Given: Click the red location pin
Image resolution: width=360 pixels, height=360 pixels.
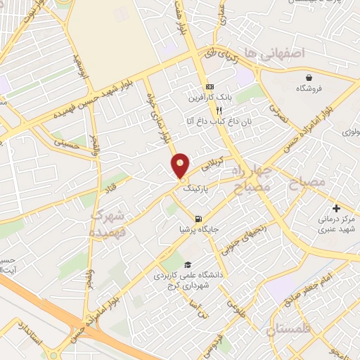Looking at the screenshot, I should click(x=181, y=165).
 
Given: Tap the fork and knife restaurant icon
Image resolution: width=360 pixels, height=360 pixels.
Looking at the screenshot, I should click(x=219, y=110).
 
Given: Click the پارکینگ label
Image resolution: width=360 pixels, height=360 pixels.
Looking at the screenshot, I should click(x=197, y=189).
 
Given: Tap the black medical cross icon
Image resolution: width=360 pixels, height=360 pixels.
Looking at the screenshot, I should click(x=336, y=209).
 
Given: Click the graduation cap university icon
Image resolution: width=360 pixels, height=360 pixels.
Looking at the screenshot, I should click(x=187, y=264).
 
